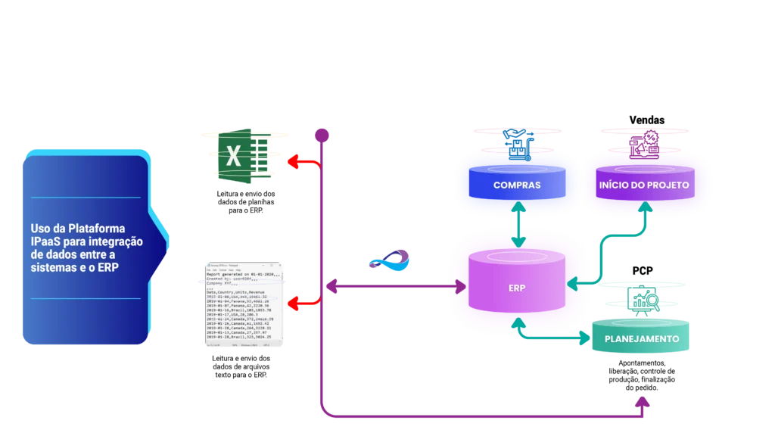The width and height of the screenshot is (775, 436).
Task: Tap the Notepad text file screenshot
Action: coord(242,305)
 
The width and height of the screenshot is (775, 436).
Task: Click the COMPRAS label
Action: coord(517,185)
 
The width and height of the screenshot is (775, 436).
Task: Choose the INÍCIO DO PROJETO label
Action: coord(644,185)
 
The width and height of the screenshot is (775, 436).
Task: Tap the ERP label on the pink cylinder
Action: coord(518,288)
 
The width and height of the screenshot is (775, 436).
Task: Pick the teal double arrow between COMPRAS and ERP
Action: coord(518,225)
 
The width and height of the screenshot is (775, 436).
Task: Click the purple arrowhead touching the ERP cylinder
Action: coord(459,287)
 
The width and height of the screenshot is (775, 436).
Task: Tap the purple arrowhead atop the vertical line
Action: coord(322,135)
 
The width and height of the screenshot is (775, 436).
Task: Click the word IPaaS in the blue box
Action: coord(48,241)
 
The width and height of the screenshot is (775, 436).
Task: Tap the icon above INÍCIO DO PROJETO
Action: coord(646,145)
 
